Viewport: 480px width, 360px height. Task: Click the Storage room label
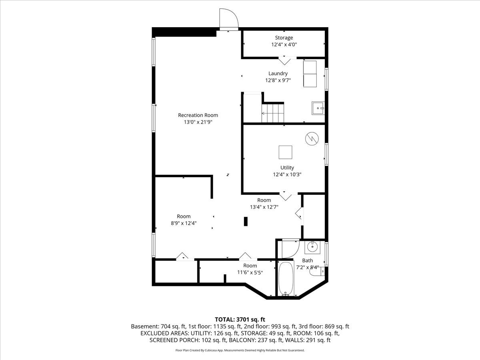coord(284,38)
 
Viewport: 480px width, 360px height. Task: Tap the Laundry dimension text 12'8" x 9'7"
coord(278,80)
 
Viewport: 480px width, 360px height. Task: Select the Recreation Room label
coord(198,115)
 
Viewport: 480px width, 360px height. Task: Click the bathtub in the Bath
coord(286,279)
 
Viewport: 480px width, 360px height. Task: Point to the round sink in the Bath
coord(312,247)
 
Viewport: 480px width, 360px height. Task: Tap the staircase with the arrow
coord(273,113)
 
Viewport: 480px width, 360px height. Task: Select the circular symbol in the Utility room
coord(312,138)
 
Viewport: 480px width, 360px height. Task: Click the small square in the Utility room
coord(285,152)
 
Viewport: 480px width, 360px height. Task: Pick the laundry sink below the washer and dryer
coord(318,108)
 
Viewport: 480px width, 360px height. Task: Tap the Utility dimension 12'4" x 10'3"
coord(287,174)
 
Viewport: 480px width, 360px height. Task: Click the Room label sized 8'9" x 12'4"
coord(184,216)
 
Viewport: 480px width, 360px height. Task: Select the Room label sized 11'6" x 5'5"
coord(250,266)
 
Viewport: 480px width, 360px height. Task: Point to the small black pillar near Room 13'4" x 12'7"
coord(246,221)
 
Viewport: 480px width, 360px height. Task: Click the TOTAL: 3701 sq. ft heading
coord(240,320)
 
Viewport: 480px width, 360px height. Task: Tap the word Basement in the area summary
coord(145,326)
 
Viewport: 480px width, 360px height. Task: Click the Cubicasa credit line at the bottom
coord(240,350)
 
